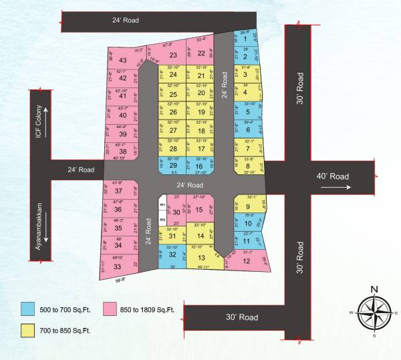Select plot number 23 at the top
[x=173, y=55]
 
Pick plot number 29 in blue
[x=173, y=165]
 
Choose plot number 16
[x=199, y=165]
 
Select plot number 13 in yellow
[x=201, y=258]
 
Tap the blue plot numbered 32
[x=172, y=254]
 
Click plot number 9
[x=248, y=206]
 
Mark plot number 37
[x=118, y=191]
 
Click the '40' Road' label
[x=335, y=177]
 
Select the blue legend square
[x=27, y=309]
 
